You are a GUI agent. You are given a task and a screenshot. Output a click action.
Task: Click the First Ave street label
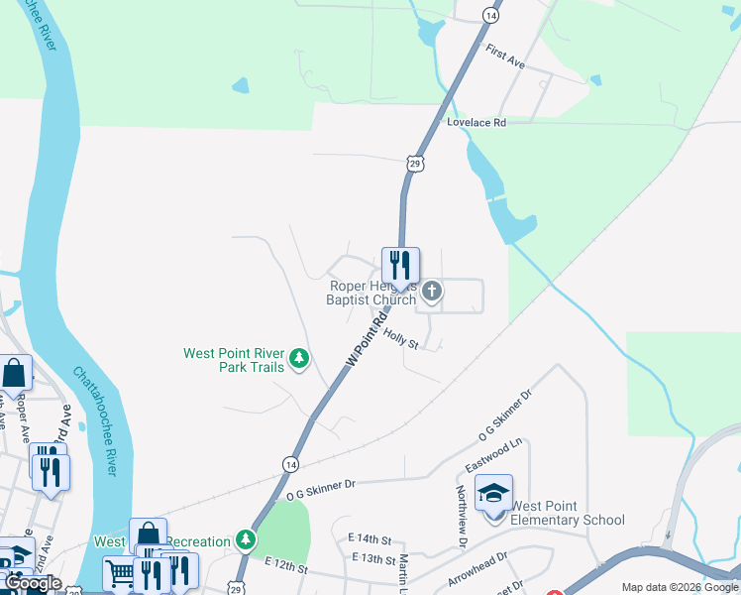pos(504,55)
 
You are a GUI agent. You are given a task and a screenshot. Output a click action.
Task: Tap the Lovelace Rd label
pos(476,123)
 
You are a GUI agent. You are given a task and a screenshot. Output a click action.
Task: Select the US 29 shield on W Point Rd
pos(413,163)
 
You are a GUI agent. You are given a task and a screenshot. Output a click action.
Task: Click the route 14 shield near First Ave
pos(490,15)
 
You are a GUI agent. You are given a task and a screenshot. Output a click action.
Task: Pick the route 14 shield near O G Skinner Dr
pos(289,463)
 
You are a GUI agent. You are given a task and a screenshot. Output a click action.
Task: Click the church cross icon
pos(431,291)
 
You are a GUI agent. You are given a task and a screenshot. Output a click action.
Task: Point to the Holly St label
pos(402,340)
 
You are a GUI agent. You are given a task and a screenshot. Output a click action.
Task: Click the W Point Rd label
pos(366,341)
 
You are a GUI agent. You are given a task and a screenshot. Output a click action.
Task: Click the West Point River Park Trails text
pos(234,360)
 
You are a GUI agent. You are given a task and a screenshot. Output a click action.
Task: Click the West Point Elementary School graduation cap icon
pos(493,492)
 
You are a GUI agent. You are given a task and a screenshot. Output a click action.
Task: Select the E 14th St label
pos(370,538)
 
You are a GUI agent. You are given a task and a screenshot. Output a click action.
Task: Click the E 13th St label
pos(372,558)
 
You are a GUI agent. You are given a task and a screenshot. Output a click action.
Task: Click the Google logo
pos(33,583)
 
